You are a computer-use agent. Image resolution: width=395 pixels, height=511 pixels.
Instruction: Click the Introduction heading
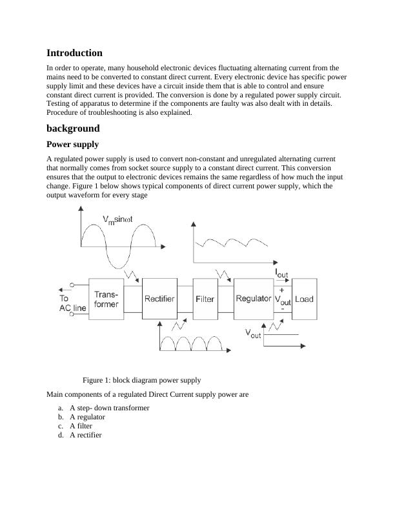click(74, 53)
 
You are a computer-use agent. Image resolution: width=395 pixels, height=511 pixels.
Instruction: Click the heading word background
click(73, 128)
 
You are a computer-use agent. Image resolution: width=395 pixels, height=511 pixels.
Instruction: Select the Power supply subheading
click(72, 145)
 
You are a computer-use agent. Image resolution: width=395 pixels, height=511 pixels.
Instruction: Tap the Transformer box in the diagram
click(105, 299)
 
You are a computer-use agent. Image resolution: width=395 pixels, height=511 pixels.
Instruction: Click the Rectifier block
click(159, 299)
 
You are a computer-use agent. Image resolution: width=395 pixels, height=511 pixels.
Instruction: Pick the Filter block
click(205, 299)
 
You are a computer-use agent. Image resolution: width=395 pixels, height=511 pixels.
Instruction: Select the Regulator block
click(253, 299)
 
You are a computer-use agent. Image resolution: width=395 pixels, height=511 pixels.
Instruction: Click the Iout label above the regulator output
click(282, 274)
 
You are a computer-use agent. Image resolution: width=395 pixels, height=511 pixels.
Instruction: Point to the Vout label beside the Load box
click(283, 300)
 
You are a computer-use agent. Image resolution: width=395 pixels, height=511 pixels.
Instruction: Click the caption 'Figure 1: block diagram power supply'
click(142, 380)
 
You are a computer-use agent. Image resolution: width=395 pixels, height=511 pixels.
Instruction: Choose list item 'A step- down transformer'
click(110, 408)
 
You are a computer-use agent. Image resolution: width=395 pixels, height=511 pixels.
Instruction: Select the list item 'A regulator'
click(87, 417)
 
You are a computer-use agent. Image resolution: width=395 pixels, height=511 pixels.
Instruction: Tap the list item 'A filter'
click(81, 426)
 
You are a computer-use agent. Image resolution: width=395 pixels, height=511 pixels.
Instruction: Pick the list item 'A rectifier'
click(86, 435)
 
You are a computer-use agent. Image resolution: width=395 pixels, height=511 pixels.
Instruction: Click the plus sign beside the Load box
click(282, 290)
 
